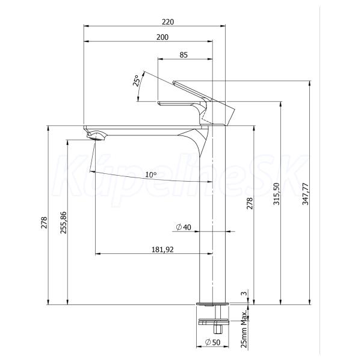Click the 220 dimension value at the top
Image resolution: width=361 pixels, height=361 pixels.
[x=168, y=22]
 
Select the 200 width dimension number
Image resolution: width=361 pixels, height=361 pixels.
[x=162, y=37]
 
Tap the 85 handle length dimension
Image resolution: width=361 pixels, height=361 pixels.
[x=184, y=55]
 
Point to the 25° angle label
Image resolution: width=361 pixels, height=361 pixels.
[x=137, y=81]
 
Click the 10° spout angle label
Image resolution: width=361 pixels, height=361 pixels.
[x=151, y=174]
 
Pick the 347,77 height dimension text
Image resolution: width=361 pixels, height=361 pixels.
[x=306, y=194]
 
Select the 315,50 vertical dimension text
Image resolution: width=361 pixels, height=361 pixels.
[x=276, y=194]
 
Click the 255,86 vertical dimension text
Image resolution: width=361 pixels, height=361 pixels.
[x=63, y=223]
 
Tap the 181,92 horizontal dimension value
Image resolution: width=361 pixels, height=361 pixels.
[x=162, y=249]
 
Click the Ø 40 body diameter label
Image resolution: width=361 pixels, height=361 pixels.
[x=184, y=227]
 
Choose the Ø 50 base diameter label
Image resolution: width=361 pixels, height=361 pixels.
[x=212, y=342]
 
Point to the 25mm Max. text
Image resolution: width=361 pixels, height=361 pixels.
[x=244, y=329]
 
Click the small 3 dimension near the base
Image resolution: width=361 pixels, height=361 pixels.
[x=244, y=294]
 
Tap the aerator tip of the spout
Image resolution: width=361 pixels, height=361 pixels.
[x=95, y=137]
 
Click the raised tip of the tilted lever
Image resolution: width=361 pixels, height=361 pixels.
[x=174, y=82]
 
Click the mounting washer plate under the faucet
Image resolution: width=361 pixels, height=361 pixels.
[x=214, y=321]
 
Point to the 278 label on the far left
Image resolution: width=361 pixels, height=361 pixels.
[x=44, y=223]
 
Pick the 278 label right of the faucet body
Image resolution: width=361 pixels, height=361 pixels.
[x=250, y=203]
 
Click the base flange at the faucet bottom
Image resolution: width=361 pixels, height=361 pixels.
[x=212, y=304]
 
